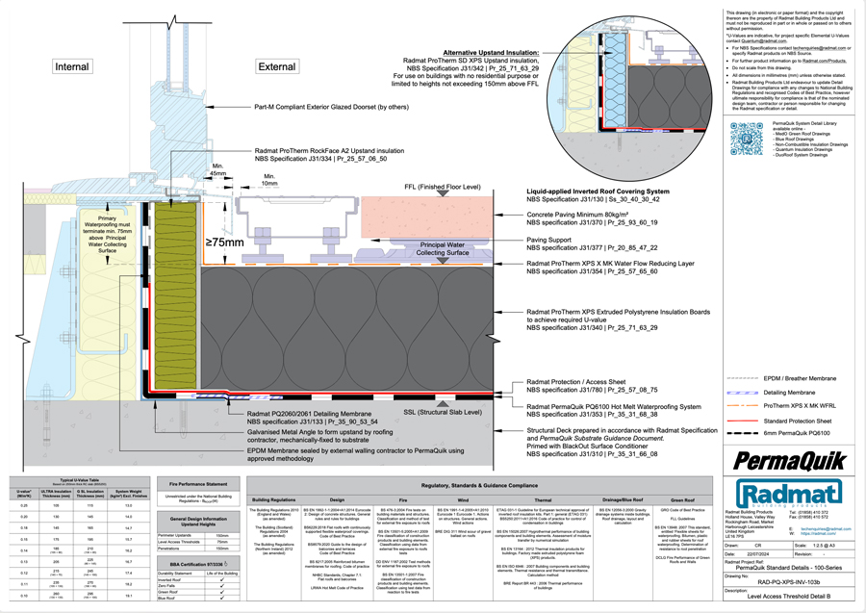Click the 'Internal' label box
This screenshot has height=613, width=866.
click(x=72, y=66)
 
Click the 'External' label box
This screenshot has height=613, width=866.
click(x=277, y=66)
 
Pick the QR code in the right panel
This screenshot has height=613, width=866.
click(x=746, y=139)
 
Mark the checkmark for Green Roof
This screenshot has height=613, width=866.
click(x=222, y=588)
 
